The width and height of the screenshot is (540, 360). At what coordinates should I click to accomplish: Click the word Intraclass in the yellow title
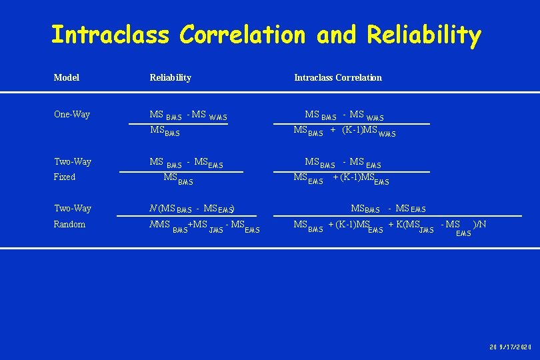point(109,35)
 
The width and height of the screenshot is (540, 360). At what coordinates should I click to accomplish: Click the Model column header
point(66,78)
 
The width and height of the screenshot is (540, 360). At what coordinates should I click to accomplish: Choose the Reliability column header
point(170,78)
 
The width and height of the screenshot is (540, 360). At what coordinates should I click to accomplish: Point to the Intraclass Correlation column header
point(338,78)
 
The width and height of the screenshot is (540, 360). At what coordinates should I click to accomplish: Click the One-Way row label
point(71,115)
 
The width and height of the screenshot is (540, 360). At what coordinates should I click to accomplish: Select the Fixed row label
point(64,177)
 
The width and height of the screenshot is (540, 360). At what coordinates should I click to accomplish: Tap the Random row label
point(69,225)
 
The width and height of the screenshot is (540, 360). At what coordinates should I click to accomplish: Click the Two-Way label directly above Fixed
point(72,162)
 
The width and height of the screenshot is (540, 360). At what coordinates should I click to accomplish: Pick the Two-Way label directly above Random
point(72,209)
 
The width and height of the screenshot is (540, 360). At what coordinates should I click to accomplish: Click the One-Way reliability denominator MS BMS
point(165,131)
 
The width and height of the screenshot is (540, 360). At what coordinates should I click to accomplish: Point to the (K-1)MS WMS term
point(369,131)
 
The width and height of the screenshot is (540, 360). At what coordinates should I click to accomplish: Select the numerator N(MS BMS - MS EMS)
point(192,209)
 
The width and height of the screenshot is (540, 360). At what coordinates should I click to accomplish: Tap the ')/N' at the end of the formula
point(479,225)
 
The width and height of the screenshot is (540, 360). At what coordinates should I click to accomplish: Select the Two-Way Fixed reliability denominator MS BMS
point(178,178)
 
